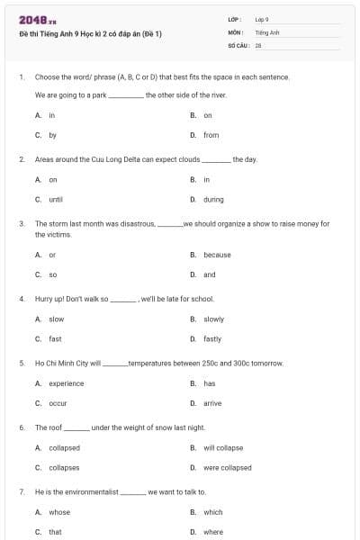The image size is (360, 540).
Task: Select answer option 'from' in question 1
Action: click(x=211, y=135)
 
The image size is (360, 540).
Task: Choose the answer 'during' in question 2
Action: click(x=213, y=199)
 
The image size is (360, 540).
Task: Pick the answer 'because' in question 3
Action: click(x=217, y=255)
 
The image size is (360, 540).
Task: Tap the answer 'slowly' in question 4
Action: click(x=213, y=319)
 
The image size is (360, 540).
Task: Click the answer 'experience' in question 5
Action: click(x=66, y=383)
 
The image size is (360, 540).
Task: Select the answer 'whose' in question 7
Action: click(x=58, y=512)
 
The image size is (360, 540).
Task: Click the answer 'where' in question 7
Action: click(x=213, y=532)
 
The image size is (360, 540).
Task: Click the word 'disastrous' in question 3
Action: click(x=135, y=223)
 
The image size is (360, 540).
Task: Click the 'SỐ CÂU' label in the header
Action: click(x=238, y=44)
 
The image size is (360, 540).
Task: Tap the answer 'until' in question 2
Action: click(x=55, y=199)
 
